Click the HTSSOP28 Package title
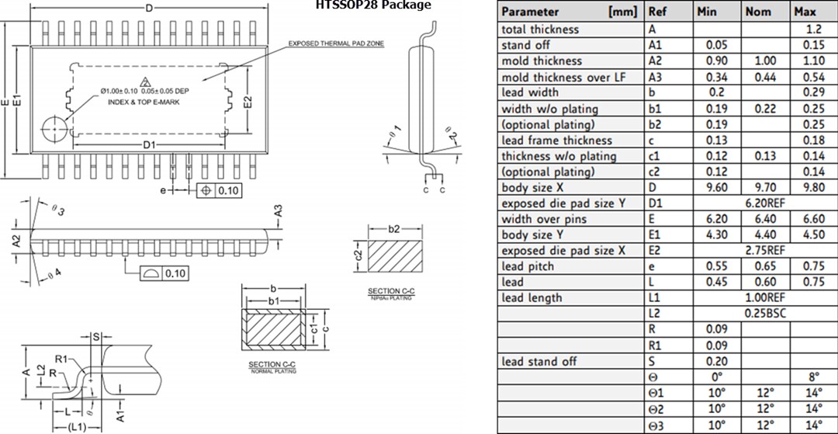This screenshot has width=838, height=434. [372, 5]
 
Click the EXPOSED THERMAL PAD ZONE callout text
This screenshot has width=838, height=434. [336, 43]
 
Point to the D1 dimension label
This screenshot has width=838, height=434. [150, 145]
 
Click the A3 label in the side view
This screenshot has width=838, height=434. [277, 210]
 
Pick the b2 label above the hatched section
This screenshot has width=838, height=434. [393, 229]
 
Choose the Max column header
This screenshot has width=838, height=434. [805, 12]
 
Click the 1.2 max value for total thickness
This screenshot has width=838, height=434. [815, 29]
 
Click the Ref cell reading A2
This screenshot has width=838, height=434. [656, 61]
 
